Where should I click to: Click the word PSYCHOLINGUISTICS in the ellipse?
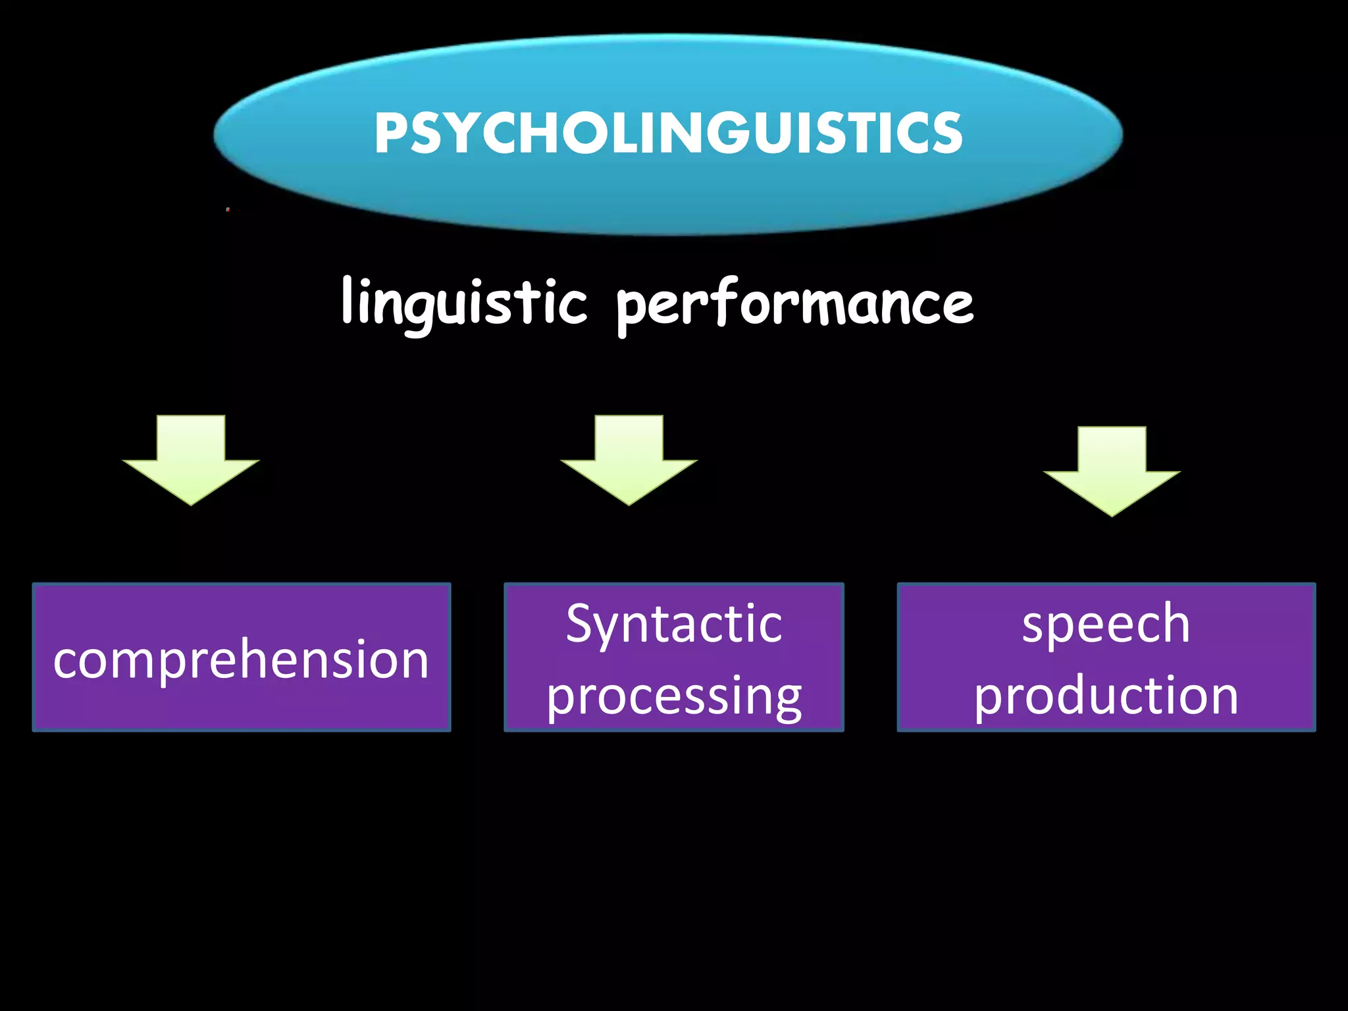[668, 134]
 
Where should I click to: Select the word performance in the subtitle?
[794, 305]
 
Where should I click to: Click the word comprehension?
[241, 660]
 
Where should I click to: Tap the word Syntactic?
[674, 624]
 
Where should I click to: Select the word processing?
[674, 696]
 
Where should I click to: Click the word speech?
[1106, 624]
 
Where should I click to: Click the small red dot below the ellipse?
[228, 209]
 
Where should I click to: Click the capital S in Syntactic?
[581, 623]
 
